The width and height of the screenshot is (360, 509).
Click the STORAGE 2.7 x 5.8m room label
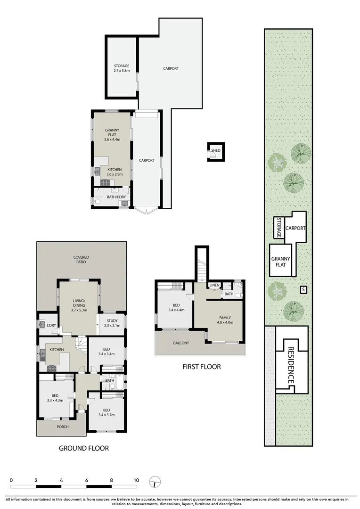121,68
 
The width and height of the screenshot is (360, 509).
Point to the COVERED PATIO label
81,259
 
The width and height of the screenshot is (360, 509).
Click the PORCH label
63,427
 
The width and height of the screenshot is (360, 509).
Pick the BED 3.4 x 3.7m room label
106,412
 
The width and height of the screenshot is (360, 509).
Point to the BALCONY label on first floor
180,343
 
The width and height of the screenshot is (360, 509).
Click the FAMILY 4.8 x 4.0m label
225,320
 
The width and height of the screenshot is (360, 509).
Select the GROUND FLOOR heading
83,448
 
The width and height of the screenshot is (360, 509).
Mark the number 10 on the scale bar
136,480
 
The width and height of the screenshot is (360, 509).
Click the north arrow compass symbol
155,482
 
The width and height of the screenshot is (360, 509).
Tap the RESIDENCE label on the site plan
291,366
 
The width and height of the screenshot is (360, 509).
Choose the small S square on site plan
303,289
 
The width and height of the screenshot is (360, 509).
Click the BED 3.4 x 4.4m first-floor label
173,307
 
